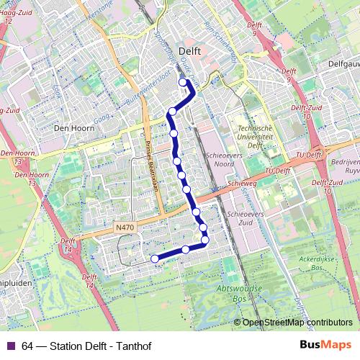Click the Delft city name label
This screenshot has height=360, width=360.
(x=189, y=52)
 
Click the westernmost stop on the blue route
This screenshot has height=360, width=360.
(x=155, y=258)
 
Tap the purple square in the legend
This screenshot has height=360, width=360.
(x=10, y=346)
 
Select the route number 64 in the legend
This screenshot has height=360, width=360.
(x=27, y=346)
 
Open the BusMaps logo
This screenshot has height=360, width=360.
(x=325, y=345)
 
